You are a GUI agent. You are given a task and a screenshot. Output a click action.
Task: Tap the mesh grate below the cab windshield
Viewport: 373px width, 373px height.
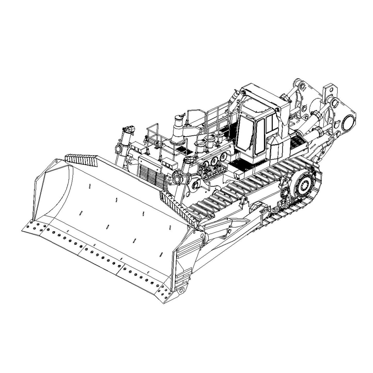[239, 164]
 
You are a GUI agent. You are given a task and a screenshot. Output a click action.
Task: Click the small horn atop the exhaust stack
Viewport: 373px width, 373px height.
[183, 115]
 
